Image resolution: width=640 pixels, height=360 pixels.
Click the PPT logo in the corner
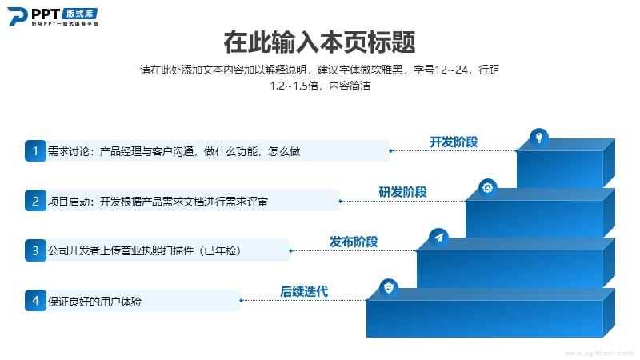click(53, 17)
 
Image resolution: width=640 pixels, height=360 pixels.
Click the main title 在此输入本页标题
click(319, 42)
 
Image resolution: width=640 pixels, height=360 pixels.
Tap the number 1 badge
click(35, 151)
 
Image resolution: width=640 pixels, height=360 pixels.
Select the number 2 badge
click(35, 201)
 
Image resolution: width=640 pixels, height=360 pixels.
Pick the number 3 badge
click(35, 250)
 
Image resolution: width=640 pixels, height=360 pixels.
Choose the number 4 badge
click(35, 301)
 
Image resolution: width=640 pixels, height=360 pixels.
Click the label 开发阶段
click(454, 142)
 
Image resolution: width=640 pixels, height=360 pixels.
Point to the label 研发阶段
click(403, 192)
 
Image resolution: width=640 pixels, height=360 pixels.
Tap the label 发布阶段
click(354, 242)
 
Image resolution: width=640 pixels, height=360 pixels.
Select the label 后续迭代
click(304, 291)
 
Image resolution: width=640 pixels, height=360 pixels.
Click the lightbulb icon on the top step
click(539, 138)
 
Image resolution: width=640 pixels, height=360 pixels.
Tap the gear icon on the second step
click(488, 188)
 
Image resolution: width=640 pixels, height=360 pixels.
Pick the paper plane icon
click(438, 238)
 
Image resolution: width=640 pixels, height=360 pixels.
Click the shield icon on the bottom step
click(389, 288)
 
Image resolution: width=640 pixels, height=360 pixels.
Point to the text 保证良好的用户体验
click(94, 302)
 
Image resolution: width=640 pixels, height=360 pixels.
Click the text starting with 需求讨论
click(174, 151)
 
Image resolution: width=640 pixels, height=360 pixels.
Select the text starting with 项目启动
click(158, 202)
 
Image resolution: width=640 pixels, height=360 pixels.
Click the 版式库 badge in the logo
click(80, 14)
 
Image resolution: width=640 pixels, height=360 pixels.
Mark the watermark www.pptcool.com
click(601, 353)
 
